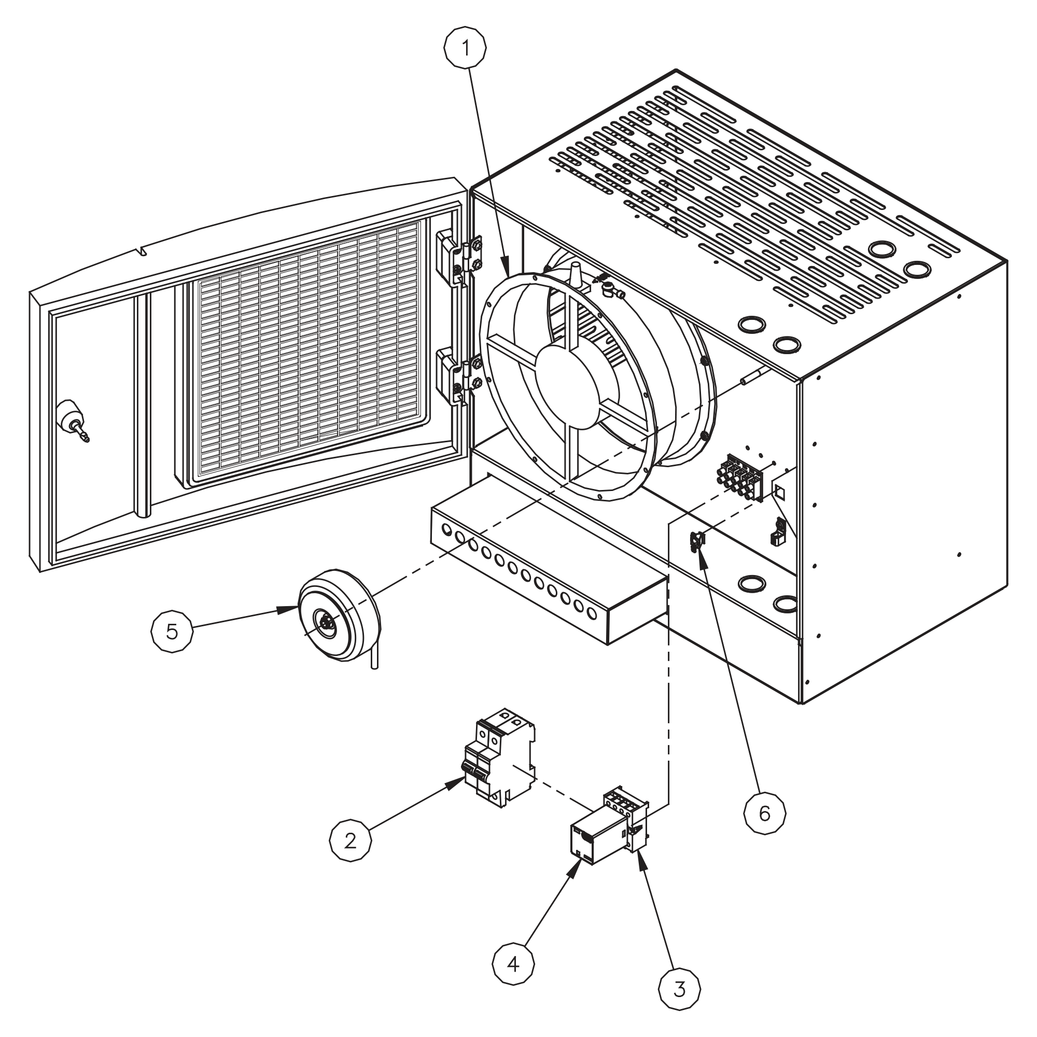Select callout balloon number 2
pyautogui.click(x=350, y=840)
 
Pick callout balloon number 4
pyautogui.click(x=514, y=964)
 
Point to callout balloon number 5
pyautogui.click(x=172, y=632)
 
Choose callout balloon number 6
pyautogui.click(x=764, y=814)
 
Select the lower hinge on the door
pyautogui.click(x=459, y=375)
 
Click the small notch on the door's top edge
pyautogui.click(x=142, y=250)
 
